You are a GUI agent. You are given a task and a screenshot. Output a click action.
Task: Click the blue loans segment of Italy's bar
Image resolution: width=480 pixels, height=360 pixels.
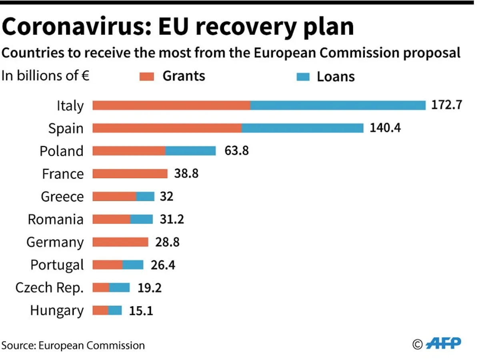(x=338, y=105)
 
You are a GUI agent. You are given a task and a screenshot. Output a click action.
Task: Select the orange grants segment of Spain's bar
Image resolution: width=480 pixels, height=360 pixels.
(x=167, y=128)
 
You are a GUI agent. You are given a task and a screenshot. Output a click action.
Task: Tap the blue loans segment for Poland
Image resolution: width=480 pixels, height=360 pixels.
(x=190, y=151)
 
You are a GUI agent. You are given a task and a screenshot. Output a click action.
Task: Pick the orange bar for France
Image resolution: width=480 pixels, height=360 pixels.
(x=130, y=174)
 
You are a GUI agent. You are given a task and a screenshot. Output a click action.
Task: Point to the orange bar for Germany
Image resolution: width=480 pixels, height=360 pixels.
(x=120, y=242)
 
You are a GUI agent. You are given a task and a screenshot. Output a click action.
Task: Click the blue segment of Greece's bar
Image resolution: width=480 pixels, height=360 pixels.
(x=145, y=196)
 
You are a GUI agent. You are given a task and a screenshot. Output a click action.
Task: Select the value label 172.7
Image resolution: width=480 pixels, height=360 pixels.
(x=447, y=105)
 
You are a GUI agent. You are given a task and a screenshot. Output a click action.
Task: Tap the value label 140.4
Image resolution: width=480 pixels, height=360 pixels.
(x=385, y=128)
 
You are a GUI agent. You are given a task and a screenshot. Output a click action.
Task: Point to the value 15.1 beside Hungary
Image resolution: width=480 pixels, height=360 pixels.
(x=141, y=310)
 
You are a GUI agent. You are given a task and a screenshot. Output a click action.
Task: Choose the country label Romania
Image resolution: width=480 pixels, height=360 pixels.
(x=56, y=219)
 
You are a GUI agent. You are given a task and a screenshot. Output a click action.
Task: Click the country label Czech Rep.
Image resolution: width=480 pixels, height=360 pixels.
(x=50, y=288)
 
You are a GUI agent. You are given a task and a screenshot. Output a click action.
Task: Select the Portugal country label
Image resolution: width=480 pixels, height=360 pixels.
(x=57, y=265)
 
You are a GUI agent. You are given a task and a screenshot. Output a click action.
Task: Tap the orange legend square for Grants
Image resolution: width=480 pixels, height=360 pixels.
(x=147, y=76)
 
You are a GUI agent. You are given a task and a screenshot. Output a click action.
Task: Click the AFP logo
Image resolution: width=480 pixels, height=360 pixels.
(x=444, y=343)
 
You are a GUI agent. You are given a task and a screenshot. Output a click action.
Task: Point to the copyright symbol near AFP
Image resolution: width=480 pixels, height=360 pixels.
(x=418, y=344)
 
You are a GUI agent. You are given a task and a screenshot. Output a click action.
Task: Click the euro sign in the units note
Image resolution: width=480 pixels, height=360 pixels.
(x=85, y=76)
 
